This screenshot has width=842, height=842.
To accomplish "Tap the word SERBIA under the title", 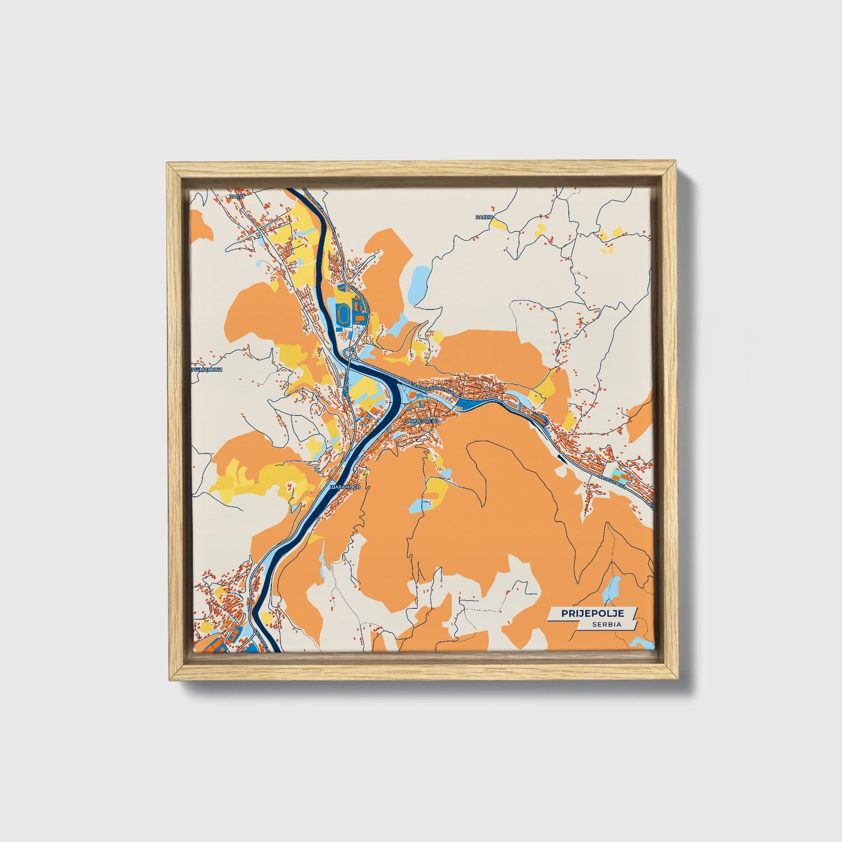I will pos(607,624).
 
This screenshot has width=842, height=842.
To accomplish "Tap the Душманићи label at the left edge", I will pos(208,369).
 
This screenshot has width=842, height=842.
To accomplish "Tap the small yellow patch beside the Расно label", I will pos(499,223).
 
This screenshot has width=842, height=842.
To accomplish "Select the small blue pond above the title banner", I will pos(612,589).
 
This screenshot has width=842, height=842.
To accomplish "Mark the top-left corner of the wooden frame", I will pos(167,164).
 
